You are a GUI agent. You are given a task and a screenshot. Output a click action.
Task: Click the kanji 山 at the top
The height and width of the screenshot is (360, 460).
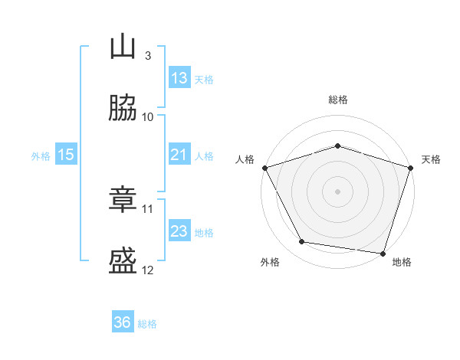[x=123, y=47]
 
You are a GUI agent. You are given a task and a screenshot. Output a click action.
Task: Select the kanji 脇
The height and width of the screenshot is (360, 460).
[x=123, y=108]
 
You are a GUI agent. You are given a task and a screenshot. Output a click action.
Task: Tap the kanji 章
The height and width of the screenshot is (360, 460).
[x=123, y=200]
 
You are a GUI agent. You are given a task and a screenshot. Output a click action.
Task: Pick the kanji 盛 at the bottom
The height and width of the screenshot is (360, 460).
[x=123, y=261]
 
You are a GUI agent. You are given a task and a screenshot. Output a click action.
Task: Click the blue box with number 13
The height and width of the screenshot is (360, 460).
[x=179, y=77]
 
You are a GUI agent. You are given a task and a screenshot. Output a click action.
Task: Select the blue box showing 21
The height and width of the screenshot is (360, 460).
[x=179, y=155]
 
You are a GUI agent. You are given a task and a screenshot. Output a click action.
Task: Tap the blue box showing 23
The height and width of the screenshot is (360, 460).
[x=179, y=231]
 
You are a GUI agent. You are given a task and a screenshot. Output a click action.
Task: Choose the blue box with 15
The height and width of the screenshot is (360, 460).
[x=66, y=155]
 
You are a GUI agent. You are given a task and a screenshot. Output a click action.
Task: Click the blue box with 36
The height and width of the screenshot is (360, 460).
[x=123, y=322]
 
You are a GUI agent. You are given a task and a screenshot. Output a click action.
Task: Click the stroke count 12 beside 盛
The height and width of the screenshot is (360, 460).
[x=148, y=270]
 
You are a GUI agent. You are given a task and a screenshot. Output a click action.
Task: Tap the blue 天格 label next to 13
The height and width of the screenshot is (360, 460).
[x=204, y=80]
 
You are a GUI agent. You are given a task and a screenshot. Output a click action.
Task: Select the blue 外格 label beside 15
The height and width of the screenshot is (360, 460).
[x=41, y=156]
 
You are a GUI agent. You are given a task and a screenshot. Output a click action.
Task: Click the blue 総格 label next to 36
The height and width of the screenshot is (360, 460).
[x=147, y=324]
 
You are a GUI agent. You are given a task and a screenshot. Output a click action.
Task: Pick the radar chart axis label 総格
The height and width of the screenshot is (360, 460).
[x=337, y=100]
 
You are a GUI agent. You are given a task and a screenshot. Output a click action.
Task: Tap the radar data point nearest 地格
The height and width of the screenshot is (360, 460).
[x=383, y=253]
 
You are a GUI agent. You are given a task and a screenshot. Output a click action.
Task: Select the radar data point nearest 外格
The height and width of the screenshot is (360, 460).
[x=302, y=242]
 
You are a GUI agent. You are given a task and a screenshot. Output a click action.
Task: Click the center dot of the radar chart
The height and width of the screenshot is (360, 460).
[x=337, y=191]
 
